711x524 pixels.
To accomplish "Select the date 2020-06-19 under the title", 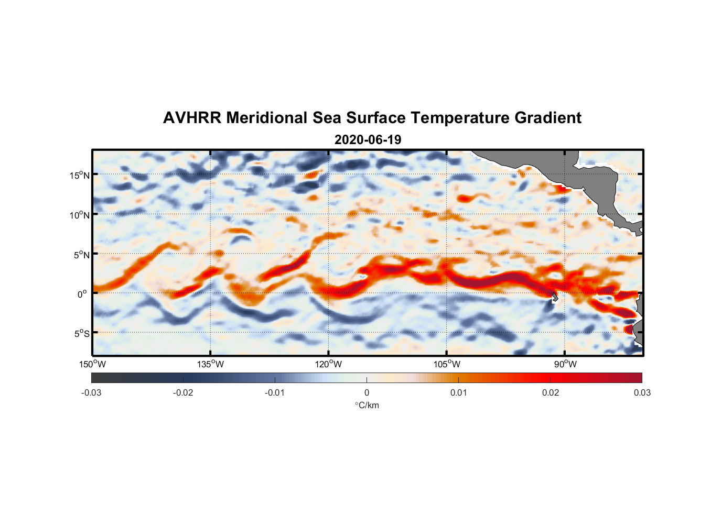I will click(x=368, y=140).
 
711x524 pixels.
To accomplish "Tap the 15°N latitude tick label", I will click(x=79, y=175).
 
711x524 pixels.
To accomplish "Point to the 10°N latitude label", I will click(x=79, y=215).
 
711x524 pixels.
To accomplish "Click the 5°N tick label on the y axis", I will click(x=81, y=255).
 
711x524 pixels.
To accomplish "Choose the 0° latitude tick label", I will click(x=82, y=294).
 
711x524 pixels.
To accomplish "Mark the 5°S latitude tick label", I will click(x=81, y=334).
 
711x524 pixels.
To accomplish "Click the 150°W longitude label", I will click(x=92, y=364).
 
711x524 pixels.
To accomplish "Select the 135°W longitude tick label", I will click(x=210, y=364).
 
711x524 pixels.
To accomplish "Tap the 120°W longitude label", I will click(x=328, y=364).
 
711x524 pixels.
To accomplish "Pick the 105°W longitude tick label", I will click(x=447, y=364).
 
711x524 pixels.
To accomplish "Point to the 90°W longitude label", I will click(x=565, y=364).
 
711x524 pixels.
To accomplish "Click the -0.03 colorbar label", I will click(x=91, y=392).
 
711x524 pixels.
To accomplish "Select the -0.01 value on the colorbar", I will click(x=275, y=392).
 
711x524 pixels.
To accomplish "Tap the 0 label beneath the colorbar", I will click(x=367, y=392).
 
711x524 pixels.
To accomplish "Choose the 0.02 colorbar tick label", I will click(x=551, y=392).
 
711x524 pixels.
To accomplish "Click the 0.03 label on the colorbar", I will click(x=642, y=392).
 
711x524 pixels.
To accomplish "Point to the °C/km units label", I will click(x=367, y=405).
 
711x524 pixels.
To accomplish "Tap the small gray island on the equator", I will click(x=555, y=297).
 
